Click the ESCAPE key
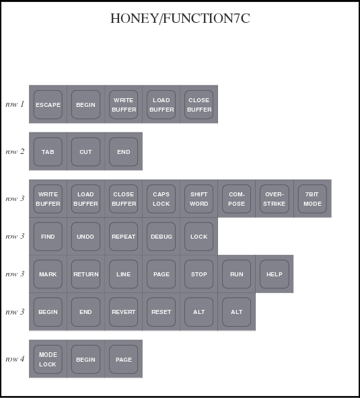click(48, 104)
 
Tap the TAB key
click(48, 151)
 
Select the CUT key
click(85, 151)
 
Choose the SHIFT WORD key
click(199, 198)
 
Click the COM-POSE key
click(237, 198)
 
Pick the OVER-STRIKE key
click(275, 198)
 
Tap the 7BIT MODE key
click(312, 198)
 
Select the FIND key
click(48, 237)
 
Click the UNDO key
click(85, 237)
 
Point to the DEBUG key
click(161, 237)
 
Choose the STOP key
click(199, 274)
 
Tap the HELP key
click(275, 274)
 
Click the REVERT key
click(123, 312)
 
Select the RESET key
click(161, 312)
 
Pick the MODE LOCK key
click(48, 359)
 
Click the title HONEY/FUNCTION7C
click(180, 19)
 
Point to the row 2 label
click(15, 151)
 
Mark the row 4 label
click(15, 359)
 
